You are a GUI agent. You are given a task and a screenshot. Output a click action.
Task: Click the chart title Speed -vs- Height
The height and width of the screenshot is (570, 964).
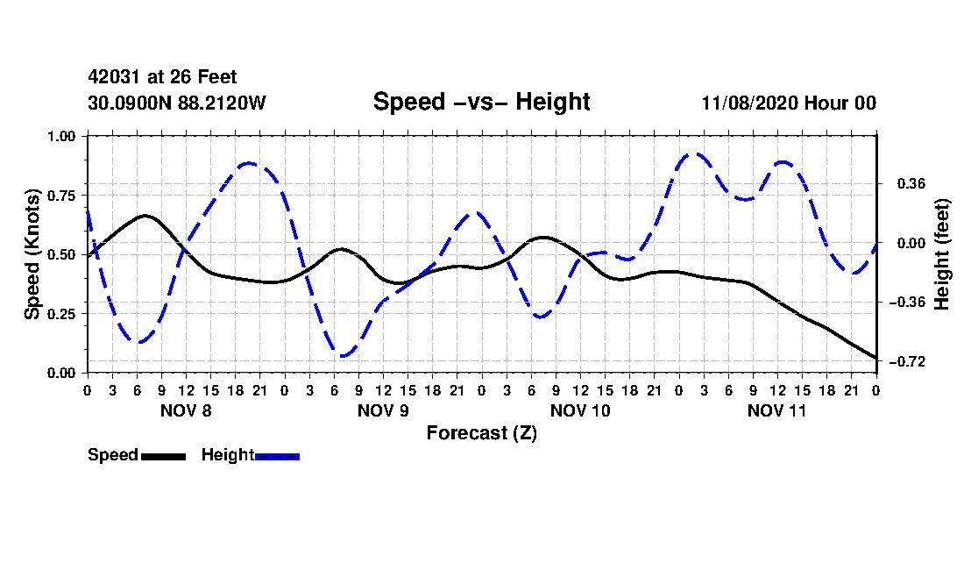click(x=481, y=102)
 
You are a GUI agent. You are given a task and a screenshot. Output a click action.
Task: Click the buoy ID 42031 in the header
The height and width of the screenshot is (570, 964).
click(x=115, y=77)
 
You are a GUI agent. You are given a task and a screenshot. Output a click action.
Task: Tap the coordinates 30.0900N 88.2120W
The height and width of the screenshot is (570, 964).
click(x=177, y=103)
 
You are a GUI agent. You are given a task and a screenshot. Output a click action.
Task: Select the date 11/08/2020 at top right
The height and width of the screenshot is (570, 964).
click(x=749, y=103)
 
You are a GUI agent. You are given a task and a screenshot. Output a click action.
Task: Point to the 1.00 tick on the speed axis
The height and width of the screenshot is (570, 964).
click(x=61, y=136)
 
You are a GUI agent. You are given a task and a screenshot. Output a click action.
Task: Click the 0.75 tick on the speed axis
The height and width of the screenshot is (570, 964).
click(x=61, y=196)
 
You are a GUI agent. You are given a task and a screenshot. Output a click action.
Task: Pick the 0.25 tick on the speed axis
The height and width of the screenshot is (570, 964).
click(x=61, y=314)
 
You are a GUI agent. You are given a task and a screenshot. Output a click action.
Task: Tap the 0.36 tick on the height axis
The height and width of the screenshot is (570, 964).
click(x=911, y=183)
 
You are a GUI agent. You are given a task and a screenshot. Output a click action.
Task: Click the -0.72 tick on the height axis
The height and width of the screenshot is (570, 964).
click(x=907, y=361)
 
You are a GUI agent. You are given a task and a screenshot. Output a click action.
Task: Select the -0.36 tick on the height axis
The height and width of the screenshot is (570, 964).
click(x=907, y=302)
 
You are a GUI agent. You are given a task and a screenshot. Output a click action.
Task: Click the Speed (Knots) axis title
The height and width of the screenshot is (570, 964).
click(x=32, y=254)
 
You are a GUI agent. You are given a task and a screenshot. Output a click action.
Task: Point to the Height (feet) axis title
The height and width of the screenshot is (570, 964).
click(x=942, y=254)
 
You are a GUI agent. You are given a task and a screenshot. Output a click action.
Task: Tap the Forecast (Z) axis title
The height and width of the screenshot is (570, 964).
click(x=482, y=433)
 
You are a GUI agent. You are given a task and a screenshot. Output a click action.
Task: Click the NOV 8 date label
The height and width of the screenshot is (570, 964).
click(x=186, y=410)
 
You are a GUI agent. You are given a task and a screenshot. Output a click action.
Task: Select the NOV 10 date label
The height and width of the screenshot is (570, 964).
click(x=580, y=410)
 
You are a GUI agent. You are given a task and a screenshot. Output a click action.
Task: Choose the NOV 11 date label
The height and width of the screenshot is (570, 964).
click(x=776, y=410)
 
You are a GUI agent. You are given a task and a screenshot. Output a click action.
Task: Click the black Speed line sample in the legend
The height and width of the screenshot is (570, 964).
click(x=164, y=456)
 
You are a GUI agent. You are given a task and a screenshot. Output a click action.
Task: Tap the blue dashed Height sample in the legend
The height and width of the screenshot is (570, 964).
click(x=277, y=456)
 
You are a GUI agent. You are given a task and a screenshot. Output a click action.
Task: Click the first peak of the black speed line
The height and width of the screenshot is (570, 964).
click(x=145, y=215)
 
